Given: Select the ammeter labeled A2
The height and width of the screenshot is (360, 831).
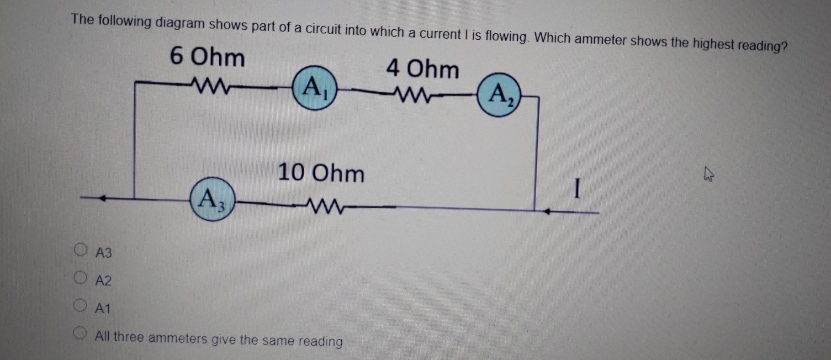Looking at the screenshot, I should click(499, 95).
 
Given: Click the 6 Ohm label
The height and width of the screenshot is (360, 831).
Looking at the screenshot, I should click(207, 58).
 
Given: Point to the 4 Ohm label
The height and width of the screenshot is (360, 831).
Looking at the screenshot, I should click(423, 69).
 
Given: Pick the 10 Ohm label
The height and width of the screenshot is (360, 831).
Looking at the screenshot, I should click(321, 174).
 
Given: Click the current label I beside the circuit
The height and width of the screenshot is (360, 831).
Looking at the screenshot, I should click(577, 189).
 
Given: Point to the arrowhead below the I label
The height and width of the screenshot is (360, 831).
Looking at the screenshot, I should click(547, 212).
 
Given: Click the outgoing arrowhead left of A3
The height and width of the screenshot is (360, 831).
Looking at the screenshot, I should click(103, 198).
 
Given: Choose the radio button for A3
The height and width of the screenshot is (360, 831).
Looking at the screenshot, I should click(81, 250).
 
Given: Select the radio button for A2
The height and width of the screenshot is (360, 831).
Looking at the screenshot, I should click(81, 278).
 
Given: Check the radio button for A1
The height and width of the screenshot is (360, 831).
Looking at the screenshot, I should click(80, 305).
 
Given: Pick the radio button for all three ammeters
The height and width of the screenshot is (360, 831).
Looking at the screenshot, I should click(80, 334).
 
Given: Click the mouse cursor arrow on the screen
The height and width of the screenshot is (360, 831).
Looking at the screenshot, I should click(709, 174).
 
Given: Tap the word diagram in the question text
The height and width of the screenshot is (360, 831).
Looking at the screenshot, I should click(179, 23).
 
